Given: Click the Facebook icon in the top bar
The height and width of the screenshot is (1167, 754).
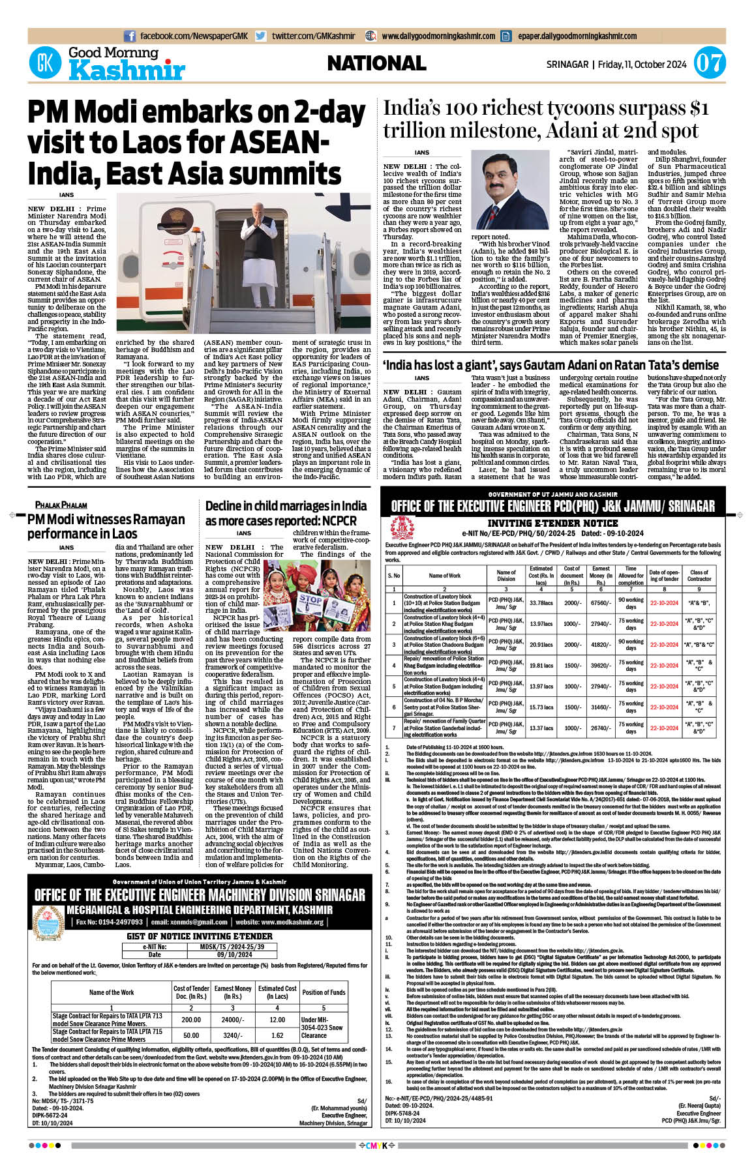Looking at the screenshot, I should click(x=130, y=37).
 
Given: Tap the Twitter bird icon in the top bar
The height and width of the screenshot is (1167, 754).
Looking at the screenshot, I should click(x=261, y=37).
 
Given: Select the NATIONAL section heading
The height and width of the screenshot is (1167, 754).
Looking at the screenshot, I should click(x=376, y=63).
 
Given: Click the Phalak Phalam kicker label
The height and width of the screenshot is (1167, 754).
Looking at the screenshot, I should click(x=61, y=505).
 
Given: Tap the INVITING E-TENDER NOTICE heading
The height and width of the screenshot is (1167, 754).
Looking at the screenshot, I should click(x=552, y=523).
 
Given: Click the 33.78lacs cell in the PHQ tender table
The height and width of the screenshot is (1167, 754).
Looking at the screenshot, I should click(x=541, y=603).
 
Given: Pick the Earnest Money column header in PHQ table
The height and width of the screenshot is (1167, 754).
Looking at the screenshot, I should click(x=601, y=576).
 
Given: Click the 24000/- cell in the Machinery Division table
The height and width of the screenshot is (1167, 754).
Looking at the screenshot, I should click(x=233, y=1020).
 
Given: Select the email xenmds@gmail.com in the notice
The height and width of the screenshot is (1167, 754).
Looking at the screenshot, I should click(x=188, y=922).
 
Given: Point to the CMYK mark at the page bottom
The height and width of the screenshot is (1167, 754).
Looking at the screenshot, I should click(x=377, y=1145).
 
